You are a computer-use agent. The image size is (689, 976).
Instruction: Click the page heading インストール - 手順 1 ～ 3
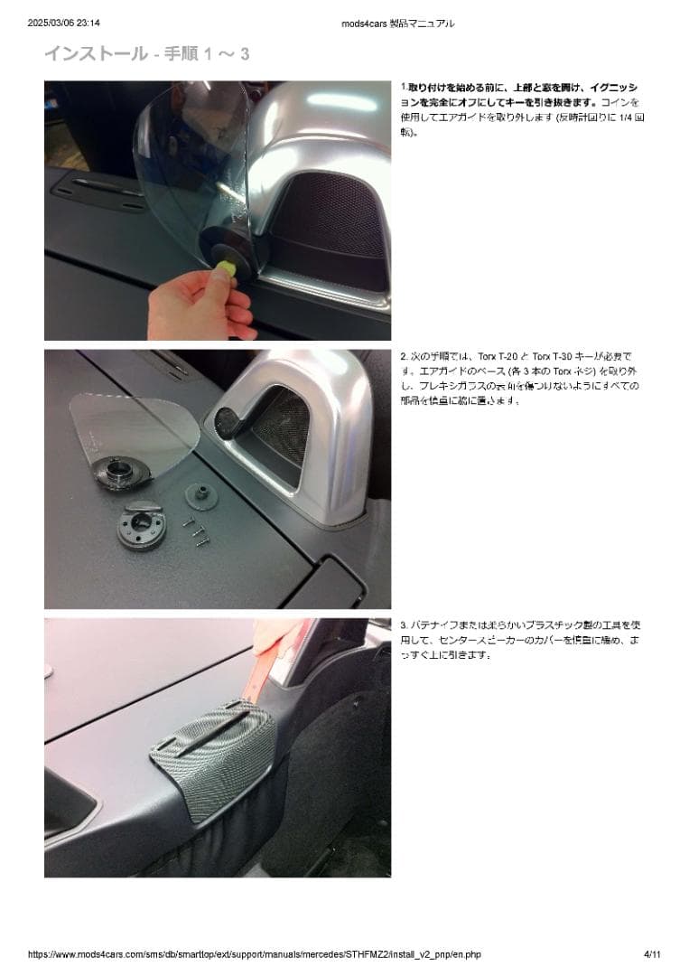coord(146,54)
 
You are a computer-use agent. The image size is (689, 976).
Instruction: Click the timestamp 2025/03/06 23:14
coord(63,23)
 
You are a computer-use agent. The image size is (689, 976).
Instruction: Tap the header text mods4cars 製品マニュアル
coord(398,23)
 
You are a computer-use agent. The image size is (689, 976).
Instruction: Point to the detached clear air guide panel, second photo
coord(135,429)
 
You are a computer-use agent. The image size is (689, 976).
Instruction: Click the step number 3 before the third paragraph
coord(403,625)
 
